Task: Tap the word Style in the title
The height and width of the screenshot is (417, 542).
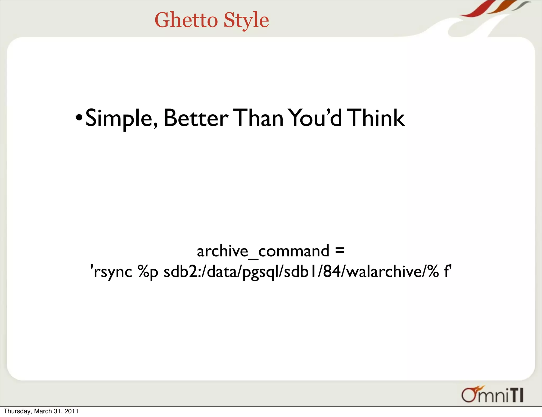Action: click(246, 21)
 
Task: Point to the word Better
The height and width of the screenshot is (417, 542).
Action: click(196, 118)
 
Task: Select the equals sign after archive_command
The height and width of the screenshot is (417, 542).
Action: click(340, 250)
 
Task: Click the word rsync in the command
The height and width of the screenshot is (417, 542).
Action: click(113, 272)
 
